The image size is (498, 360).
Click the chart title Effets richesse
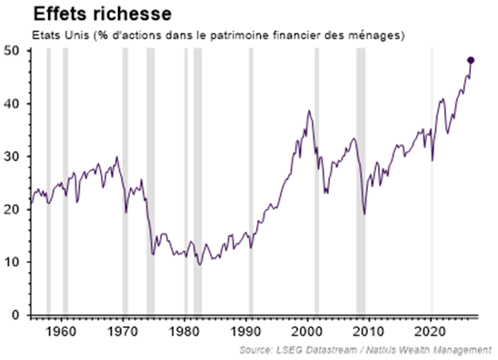[103, 15]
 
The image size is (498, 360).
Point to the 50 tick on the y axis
[12, 51]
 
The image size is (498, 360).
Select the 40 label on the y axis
[12, 104]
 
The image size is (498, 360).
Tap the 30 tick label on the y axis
[12, 156]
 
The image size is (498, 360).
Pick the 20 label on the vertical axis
[12, 209]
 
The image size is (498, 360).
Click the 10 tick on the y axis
[12, 262]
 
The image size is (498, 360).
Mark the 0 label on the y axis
[15, 315]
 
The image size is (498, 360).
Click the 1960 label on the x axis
[61, 332]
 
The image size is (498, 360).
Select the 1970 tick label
[123, 332]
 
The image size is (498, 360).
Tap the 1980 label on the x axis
[184, 332]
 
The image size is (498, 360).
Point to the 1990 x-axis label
[246, 332]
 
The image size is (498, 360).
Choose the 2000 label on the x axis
[307, 332]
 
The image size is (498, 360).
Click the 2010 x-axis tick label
[369, 332]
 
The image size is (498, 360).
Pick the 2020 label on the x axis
[431, 332]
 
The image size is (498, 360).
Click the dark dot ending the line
[471, 60]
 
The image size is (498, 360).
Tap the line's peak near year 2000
[309, 111]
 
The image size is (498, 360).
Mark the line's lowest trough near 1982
[200, 265]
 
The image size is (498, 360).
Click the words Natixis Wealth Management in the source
[429, 350]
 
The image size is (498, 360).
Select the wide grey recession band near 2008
[361, 182]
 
